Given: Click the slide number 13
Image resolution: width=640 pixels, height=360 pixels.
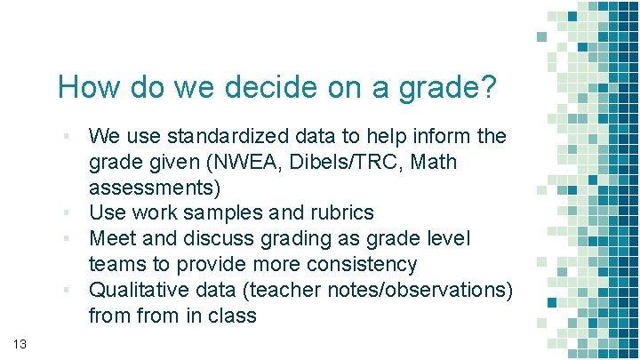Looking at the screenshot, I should pyautogui.click(x=21, y=343).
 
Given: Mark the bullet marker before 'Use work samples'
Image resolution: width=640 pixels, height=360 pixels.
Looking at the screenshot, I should pyautogui.click(x=67, y=214).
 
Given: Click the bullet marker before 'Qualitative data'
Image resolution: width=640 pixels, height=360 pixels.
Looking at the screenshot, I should pyautogui.click(x=67, y=291).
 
